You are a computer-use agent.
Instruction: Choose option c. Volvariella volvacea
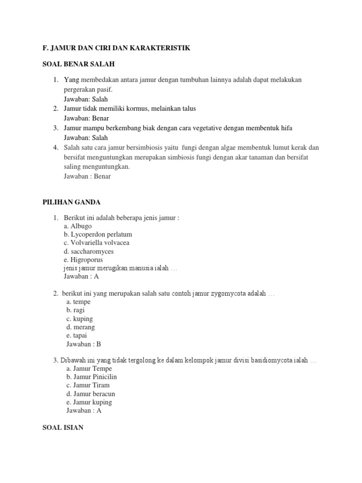96,243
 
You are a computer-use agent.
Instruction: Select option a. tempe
79,302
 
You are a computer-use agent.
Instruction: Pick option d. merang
81,327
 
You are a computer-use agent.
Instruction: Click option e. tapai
77,336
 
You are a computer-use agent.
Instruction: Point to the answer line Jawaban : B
84,344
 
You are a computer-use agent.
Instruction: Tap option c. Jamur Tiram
88,385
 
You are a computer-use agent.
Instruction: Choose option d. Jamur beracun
91,394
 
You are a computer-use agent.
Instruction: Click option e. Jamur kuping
90,402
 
